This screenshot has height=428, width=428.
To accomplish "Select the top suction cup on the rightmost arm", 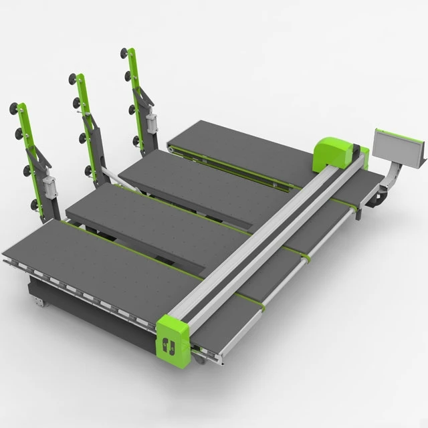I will [124, 53].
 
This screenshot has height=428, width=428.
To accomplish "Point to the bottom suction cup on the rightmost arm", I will [136, 141].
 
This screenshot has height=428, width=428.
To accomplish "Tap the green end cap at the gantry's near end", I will [175, 341].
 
